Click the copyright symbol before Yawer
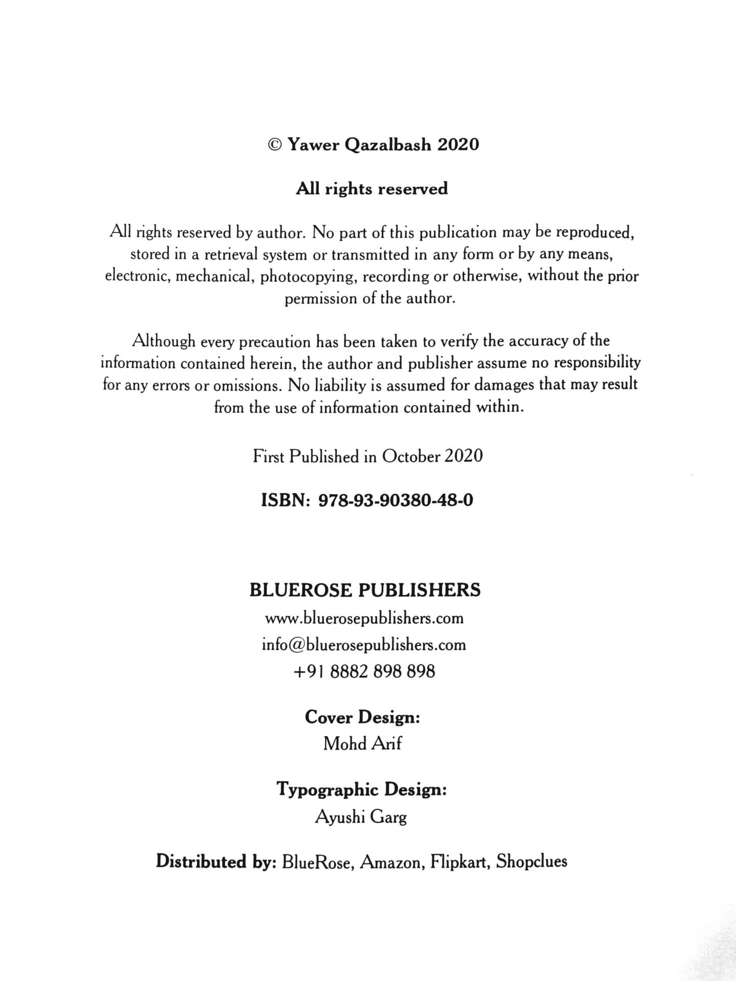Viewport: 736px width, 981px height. click(x=274, y=145)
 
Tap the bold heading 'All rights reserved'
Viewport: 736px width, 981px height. click(x=372, y=189)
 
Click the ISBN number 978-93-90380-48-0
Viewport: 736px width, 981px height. click(x=396, y=500)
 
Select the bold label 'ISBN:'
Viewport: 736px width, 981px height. click(x=286, y=500)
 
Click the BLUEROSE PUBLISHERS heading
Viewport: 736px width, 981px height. click(x=365, y=591)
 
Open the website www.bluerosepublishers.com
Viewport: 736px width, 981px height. click(x=364, y=619)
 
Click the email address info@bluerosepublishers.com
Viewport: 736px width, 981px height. click(x=364, y=645)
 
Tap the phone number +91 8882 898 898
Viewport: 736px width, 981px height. click(x=364, y=671)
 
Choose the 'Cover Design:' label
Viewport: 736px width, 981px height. click(x=362, y=717)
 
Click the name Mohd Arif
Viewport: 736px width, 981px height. click(x=362, y=744)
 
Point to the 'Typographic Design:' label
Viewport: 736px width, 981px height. click(x=362, y=790)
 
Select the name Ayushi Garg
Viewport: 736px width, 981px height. click(x=361, y=818)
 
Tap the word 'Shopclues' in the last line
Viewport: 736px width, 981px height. click(x=532, y=862)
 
